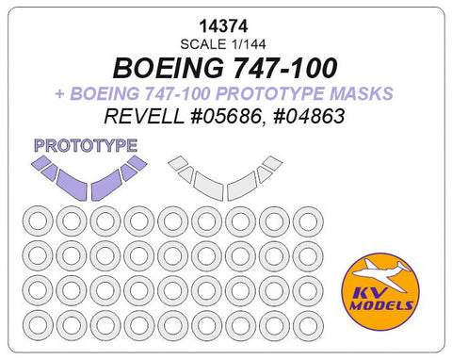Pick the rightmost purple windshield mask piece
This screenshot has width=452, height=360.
pos(137,162)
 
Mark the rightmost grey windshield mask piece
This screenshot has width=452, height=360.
pos(273,162)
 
